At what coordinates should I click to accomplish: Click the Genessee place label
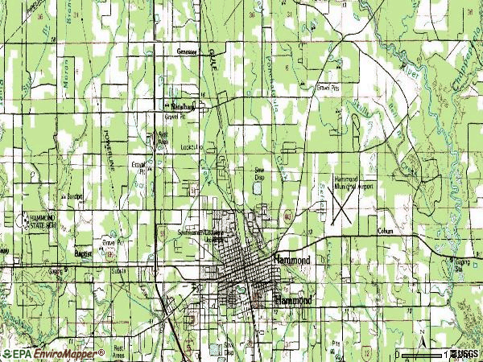click(187, 50)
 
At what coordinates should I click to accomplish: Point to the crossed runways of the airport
click(341, 205)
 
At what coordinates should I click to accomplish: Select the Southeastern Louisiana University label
click(202, 235)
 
